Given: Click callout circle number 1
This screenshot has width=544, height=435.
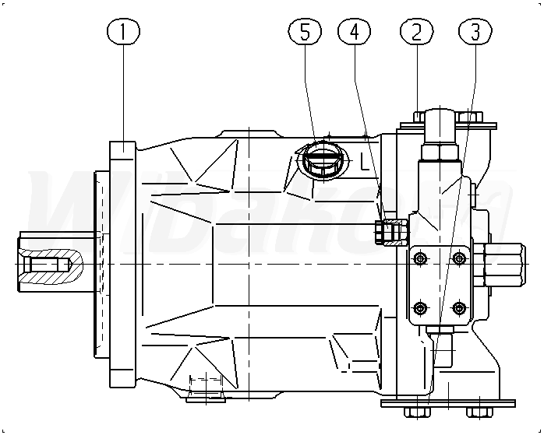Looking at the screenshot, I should [124, 33].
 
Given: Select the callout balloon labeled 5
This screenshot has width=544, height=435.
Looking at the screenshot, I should [304, 33].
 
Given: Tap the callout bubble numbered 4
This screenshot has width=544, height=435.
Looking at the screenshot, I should [354, 33].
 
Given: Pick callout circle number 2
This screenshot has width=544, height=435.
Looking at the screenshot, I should [416, 33].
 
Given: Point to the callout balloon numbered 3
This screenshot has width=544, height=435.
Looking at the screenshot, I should [477, 33].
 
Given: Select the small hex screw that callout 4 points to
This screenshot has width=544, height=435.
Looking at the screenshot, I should [389, 231].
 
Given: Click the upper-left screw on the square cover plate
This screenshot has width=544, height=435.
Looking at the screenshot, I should [421, 258].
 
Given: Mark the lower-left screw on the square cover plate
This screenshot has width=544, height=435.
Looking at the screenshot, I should [421, 309].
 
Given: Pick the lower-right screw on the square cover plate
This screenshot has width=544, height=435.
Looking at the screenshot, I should [460, 309].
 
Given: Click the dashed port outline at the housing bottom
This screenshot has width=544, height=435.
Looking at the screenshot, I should [207, 385].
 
